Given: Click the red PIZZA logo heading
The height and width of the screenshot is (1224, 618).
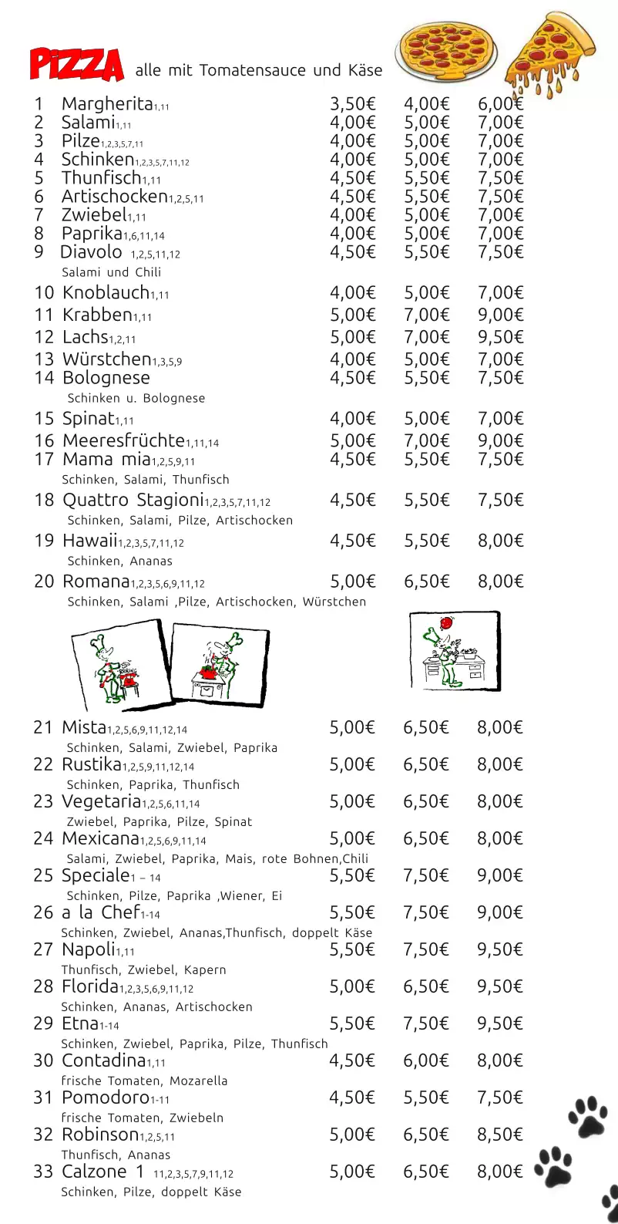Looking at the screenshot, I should (x=76, y=64).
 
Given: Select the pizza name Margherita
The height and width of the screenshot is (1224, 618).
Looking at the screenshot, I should (x=107, y=103).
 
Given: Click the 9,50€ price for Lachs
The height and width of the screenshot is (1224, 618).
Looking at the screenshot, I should (x=500, y=337).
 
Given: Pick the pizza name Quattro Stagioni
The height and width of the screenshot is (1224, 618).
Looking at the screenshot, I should (x=133, y=500).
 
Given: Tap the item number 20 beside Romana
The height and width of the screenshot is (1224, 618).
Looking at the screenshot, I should (x=44, y=581).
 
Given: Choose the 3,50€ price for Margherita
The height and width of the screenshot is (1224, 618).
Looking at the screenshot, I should (x=352, y=103).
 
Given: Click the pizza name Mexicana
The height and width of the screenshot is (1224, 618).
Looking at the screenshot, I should (x=100, y=838).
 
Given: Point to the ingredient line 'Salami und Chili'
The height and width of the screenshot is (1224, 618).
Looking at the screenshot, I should (x=111, y=272).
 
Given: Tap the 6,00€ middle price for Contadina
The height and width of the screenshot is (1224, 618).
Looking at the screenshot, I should (x=426, y=1060).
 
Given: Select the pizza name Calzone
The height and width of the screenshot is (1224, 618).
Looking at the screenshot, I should (x=94, y=1172).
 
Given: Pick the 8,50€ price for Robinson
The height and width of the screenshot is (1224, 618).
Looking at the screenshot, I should (x=499, y=1135).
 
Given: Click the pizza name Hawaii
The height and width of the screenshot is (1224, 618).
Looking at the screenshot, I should (x=89, y=541).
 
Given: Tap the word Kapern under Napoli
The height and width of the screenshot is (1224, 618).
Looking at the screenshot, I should (x=205, y=969).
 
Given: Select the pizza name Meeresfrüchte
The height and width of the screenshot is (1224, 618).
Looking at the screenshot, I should (x=123, y=441).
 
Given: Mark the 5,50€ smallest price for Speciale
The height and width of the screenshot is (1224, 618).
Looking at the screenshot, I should (x=352, y=875).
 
